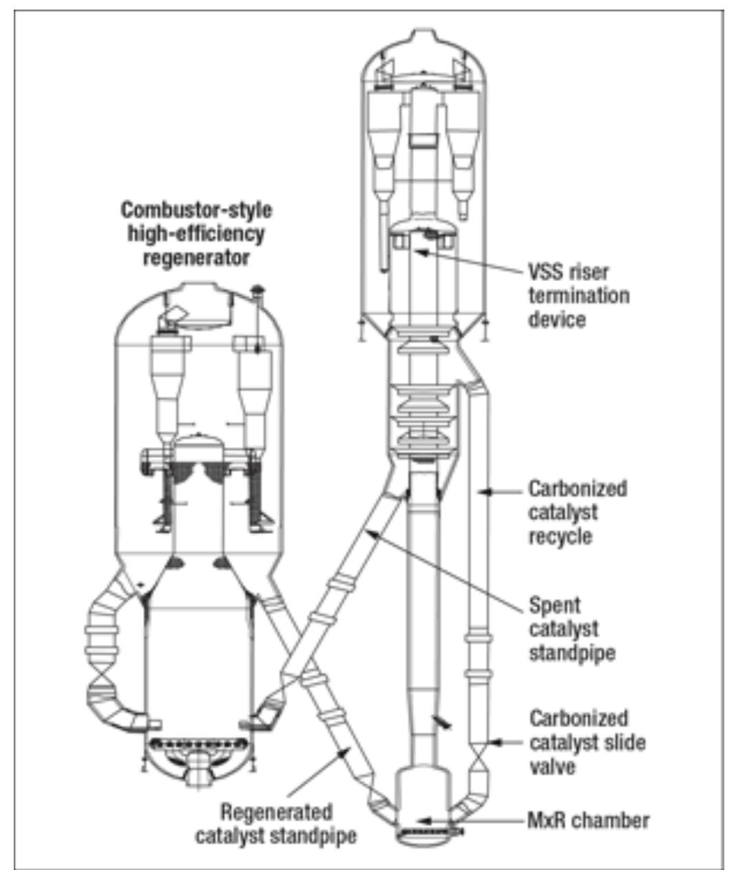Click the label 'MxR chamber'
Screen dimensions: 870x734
click(x=588, y=820)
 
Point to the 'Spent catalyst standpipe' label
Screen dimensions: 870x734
click(x=572, y=629)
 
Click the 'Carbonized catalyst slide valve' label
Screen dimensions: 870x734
click(x=587, y=742)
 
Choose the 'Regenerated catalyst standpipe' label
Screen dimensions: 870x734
click(x=275, y=824)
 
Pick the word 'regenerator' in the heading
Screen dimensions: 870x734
click(x=196, y=258)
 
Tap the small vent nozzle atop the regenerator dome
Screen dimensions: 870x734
click(x=258, y=289)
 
